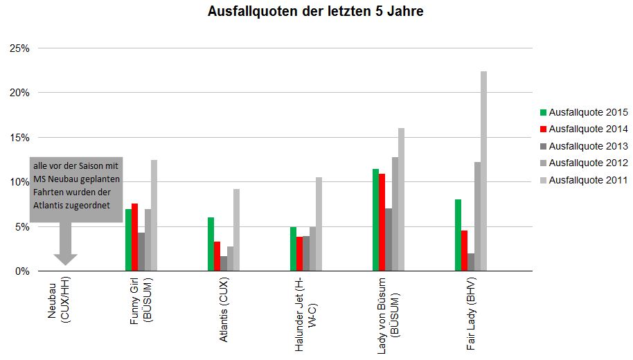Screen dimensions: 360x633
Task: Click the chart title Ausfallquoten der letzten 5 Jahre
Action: click(315, 12)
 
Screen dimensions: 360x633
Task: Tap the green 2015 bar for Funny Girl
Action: click(128, 240)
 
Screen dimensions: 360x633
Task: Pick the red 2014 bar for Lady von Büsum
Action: click(382, 222)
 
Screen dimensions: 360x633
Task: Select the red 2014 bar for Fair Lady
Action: click(465, 251)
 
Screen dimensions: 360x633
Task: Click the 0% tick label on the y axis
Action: click(21, 271)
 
